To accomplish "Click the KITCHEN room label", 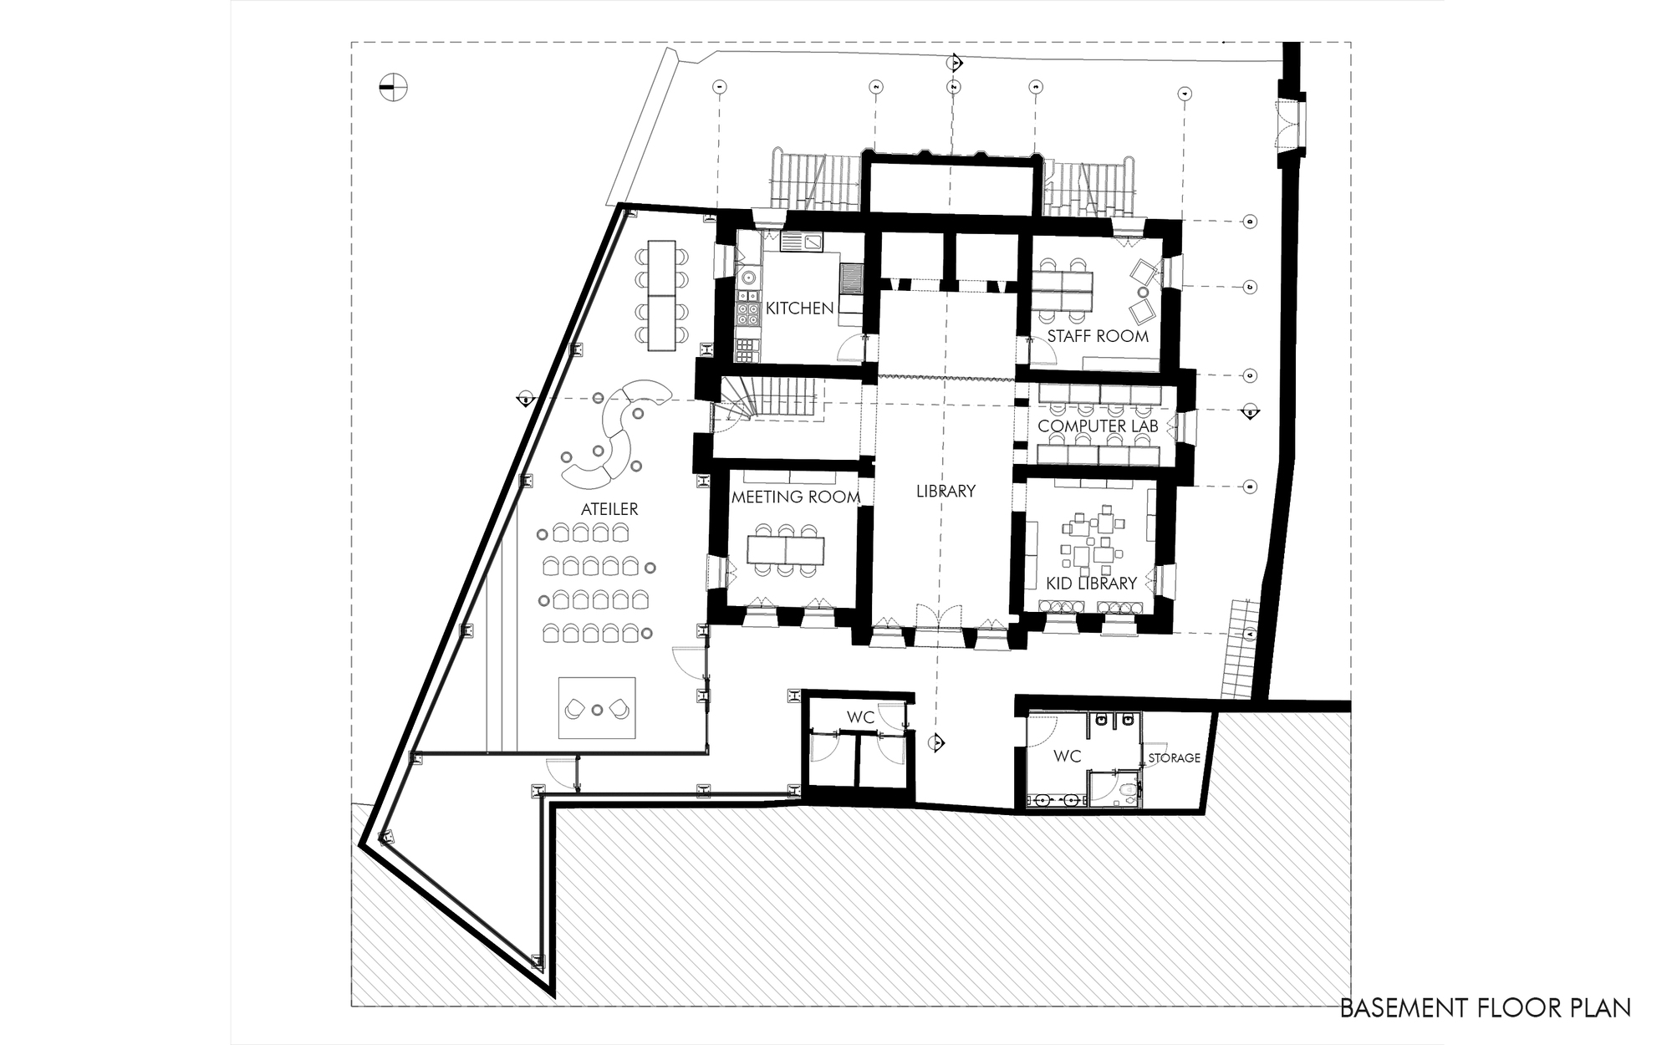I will pos(799,308).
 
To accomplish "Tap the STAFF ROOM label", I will pos(1097,336).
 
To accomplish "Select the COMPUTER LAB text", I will pos(1097,426).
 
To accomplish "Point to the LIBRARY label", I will pos(946,491).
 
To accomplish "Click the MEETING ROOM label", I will pos(795,497).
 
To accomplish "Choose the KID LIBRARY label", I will pos(1091,584).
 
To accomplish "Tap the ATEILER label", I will pos(609,508).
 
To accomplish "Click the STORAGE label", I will pos(1174,757).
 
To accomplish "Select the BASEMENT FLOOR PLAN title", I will pos(1485,1007).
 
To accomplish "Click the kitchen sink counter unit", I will pos(217,242).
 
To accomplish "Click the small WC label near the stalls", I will pos(860,717).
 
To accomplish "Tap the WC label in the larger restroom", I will pos(1067,756).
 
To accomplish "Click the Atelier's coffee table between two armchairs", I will pos(597,710).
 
